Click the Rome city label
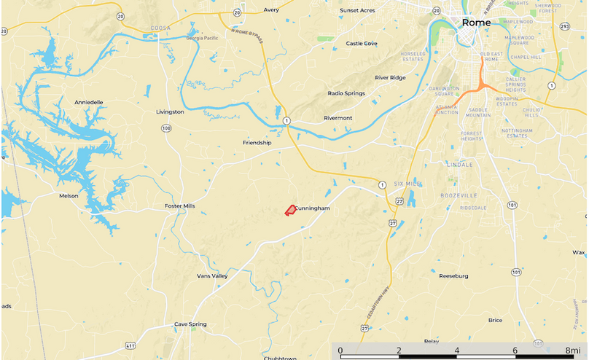tap(477, 23)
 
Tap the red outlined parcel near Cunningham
tap(289, 211)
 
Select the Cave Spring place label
tap(190, 324)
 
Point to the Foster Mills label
tap(180, 206)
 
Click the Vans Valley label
tap(212, 276)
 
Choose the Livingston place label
tap(170, 112)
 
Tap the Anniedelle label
tap(89, 103)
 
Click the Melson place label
tap(69, 195)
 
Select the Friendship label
tap(257, 143)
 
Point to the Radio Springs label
tap(346, 93)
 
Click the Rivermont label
tap(338, 118)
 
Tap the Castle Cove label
tap(362, 44)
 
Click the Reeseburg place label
tap(453, 276)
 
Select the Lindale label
tap(461, 165)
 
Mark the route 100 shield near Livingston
tap(167, 128)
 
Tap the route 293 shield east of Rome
tap(563, 28)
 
